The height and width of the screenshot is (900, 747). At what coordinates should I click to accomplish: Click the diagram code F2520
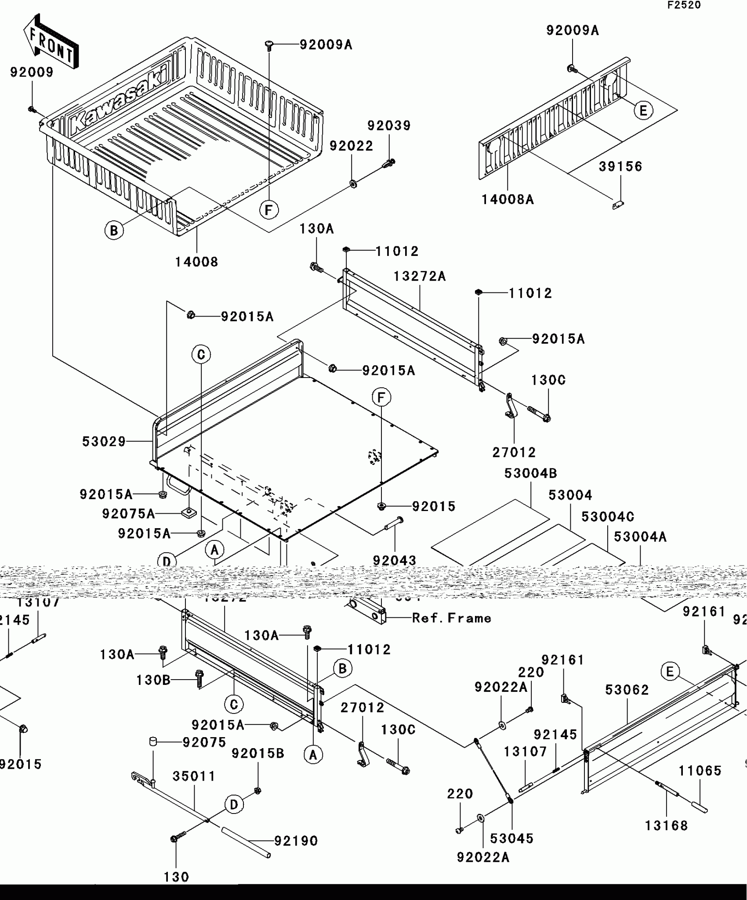tap(684, 5)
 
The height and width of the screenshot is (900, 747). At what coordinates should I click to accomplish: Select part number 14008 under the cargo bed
tap(196, 262)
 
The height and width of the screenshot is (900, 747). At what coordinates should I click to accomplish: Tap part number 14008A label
tap(508, 200)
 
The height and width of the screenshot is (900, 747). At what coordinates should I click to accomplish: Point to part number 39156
tap(620, 166)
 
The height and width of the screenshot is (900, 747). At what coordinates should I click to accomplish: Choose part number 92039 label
tap(389, 126)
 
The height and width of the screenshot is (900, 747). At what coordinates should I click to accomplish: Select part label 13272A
tap(419, 276)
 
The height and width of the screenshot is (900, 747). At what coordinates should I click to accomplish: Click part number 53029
tap(104, 441)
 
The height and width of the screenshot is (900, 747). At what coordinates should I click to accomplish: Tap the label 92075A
tap(128, 513)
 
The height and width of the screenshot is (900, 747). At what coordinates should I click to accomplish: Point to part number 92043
tap(394, 561)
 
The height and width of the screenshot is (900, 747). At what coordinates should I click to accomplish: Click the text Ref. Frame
tap(451, 618)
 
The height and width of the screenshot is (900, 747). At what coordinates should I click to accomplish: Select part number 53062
tap(627, 690)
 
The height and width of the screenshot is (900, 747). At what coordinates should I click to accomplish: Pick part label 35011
tap(194, 777)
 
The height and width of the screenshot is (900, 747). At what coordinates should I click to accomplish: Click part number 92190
tap(296, 841)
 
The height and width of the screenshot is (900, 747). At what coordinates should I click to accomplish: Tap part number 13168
tap(666, 825)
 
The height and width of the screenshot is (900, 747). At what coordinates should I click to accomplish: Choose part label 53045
tap(511, 839)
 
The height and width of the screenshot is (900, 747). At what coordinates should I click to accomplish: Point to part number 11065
tap(700, 770)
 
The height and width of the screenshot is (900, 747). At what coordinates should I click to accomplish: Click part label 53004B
tap(530, 473)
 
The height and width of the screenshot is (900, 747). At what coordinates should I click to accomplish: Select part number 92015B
tap(257, 753)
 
